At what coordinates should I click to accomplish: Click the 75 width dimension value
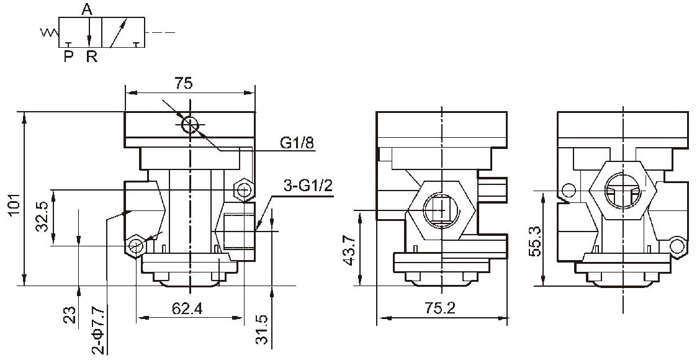pos(183,84)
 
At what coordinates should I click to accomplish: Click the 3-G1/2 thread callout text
pos(308,186)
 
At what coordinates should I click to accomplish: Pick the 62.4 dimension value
pos(187,308)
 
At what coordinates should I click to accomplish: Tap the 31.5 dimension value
pos(263,330)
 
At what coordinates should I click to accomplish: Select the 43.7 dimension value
pos(350,251)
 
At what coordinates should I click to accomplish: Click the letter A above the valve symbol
pos(87,9)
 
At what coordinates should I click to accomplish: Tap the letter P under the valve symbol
pos(68,57)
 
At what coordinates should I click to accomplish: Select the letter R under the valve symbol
pos(92,57)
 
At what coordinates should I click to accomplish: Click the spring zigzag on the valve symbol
pos(49,32)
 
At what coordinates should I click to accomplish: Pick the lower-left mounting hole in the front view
pos(135,246)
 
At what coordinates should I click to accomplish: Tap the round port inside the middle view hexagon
pos(441,209)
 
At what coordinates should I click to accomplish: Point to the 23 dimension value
pos(71,315)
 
